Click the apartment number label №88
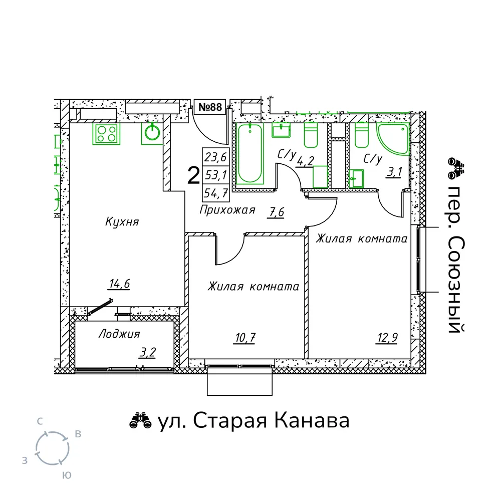tap(210, 107)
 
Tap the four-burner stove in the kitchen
tap(106, 134)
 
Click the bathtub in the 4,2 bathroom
tap(250, 154)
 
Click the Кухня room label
tap(122, 221)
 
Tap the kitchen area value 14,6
tap(120, 284)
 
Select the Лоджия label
tap(119, 334)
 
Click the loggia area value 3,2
tap(147, 352)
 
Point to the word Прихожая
tap(227, 210)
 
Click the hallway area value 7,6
tap(276, 212)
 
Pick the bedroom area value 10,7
tap(244, 338)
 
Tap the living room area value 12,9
tap(387, 337)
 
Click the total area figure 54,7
tap(216, 193)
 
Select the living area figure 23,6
tap(215, 157)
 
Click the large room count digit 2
tap(193, 176)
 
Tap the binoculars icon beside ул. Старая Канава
tap(140, 421)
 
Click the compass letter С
tap(40, 421)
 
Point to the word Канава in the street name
tap(312, 421)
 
